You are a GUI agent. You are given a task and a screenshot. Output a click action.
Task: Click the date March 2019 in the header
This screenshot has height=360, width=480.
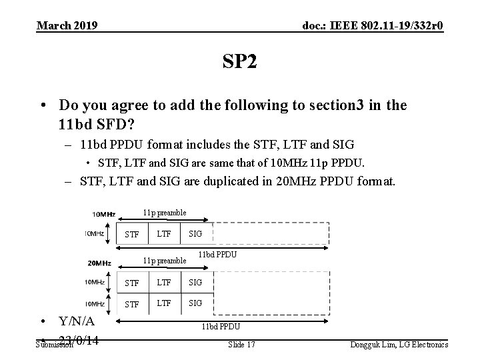click(x=67, y=25)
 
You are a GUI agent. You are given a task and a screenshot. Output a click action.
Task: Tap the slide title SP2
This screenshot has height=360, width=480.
click(x=239, y=63)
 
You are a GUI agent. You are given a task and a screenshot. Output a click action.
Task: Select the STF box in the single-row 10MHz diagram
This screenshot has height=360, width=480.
click(x=132, y=234)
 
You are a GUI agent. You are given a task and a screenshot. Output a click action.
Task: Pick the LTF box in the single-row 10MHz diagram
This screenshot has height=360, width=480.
click(x=163, y=233)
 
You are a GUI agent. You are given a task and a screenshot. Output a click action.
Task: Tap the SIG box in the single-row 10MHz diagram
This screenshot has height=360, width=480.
click(x=195, y=233)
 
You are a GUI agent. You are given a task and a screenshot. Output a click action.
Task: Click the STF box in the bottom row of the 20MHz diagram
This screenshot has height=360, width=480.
click(x=132, y=304)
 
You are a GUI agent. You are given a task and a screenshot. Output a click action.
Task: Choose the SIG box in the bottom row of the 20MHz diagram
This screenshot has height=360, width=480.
click(x=195, y=303)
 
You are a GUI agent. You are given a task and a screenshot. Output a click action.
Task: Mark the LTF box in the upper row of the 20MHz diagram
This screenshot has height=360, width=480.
click(x=163, y=283)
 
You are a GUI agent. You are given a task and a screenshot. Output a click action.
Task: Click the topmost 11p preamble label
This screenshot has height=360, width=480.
click(x=165, y=213)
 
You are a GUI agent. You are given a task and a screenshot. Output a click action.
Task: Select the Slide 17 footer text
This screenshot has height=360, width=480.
click(x=241, y=344)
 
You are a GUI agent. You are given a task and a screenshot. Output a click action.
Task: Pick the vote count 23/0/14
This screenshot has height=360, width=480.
click(x=80, y=341)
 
